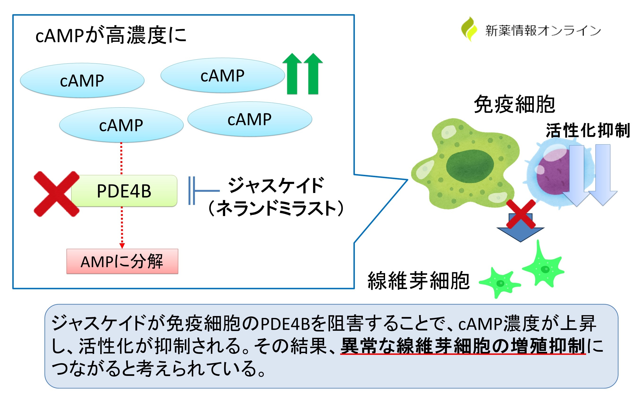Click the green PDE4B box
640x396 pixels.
pyautogui.click(x=124, y=191)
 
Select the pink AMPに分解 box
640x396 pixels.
pyautogui.click(x=122, y=261)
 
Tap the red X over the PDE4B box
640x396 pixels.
pyautogui.click(x=56, y=194)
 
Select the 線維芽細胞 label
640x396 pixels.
pyautogui.click(x=418, y=281)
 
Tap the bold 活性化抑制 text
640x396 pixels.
pyautogui.click(x=588, y=130)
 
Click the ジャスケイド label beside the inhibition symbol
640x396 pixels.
pyautogui.click(x=276, y=185)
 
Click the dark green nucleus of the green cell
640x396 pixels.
pyautogui.click(x=470, y=166)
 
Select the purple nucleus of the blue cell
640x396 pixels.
pyautogui.click(x=553, y=173)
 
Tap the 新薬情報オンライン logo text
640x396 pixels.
pyautogui.click(x=543, y=31)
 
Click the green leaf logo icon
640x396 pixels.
pyautogui.click(x=469, y=29)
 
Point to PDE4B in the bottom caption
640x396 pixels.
pyautogui.click(x=285, y=324)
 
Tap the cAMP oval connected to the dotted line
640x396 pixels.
pyautogui.click(x=121, y=125)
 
